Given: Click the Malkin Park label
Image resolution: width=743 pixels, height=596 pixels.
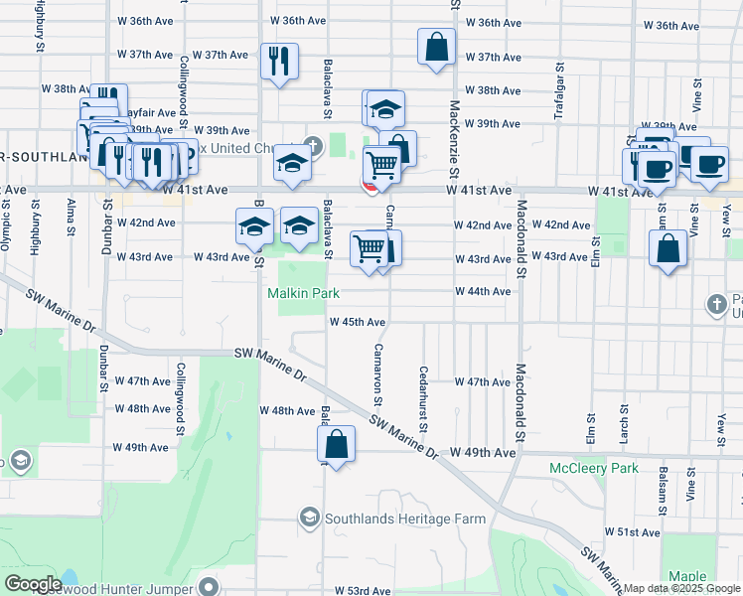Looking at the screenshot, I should click(304, 293).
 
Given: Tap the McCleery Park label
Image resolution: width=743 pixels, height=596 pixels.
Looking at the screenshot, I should click(595, 468).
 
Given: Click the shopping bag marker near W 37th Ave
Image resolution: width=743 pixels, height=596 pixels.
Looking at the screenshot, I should click(437, 47).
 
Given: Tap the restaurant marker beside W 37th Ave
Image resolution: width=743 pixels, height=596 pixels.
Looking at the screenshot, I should click(279, 61).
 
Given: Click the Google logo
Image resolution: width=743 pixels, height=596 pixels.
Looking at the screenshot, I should click(33, 584).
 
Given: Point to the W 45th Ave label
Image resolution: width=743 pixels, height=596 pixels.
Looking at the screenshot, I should click(358, 322).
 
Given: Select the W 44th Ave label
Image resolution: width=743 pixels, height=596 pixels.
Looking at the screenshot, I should click(483, 291).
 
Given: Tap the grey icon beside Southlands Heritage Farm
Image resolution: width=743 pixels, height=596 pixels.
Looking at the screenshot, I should click(309, 519).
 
